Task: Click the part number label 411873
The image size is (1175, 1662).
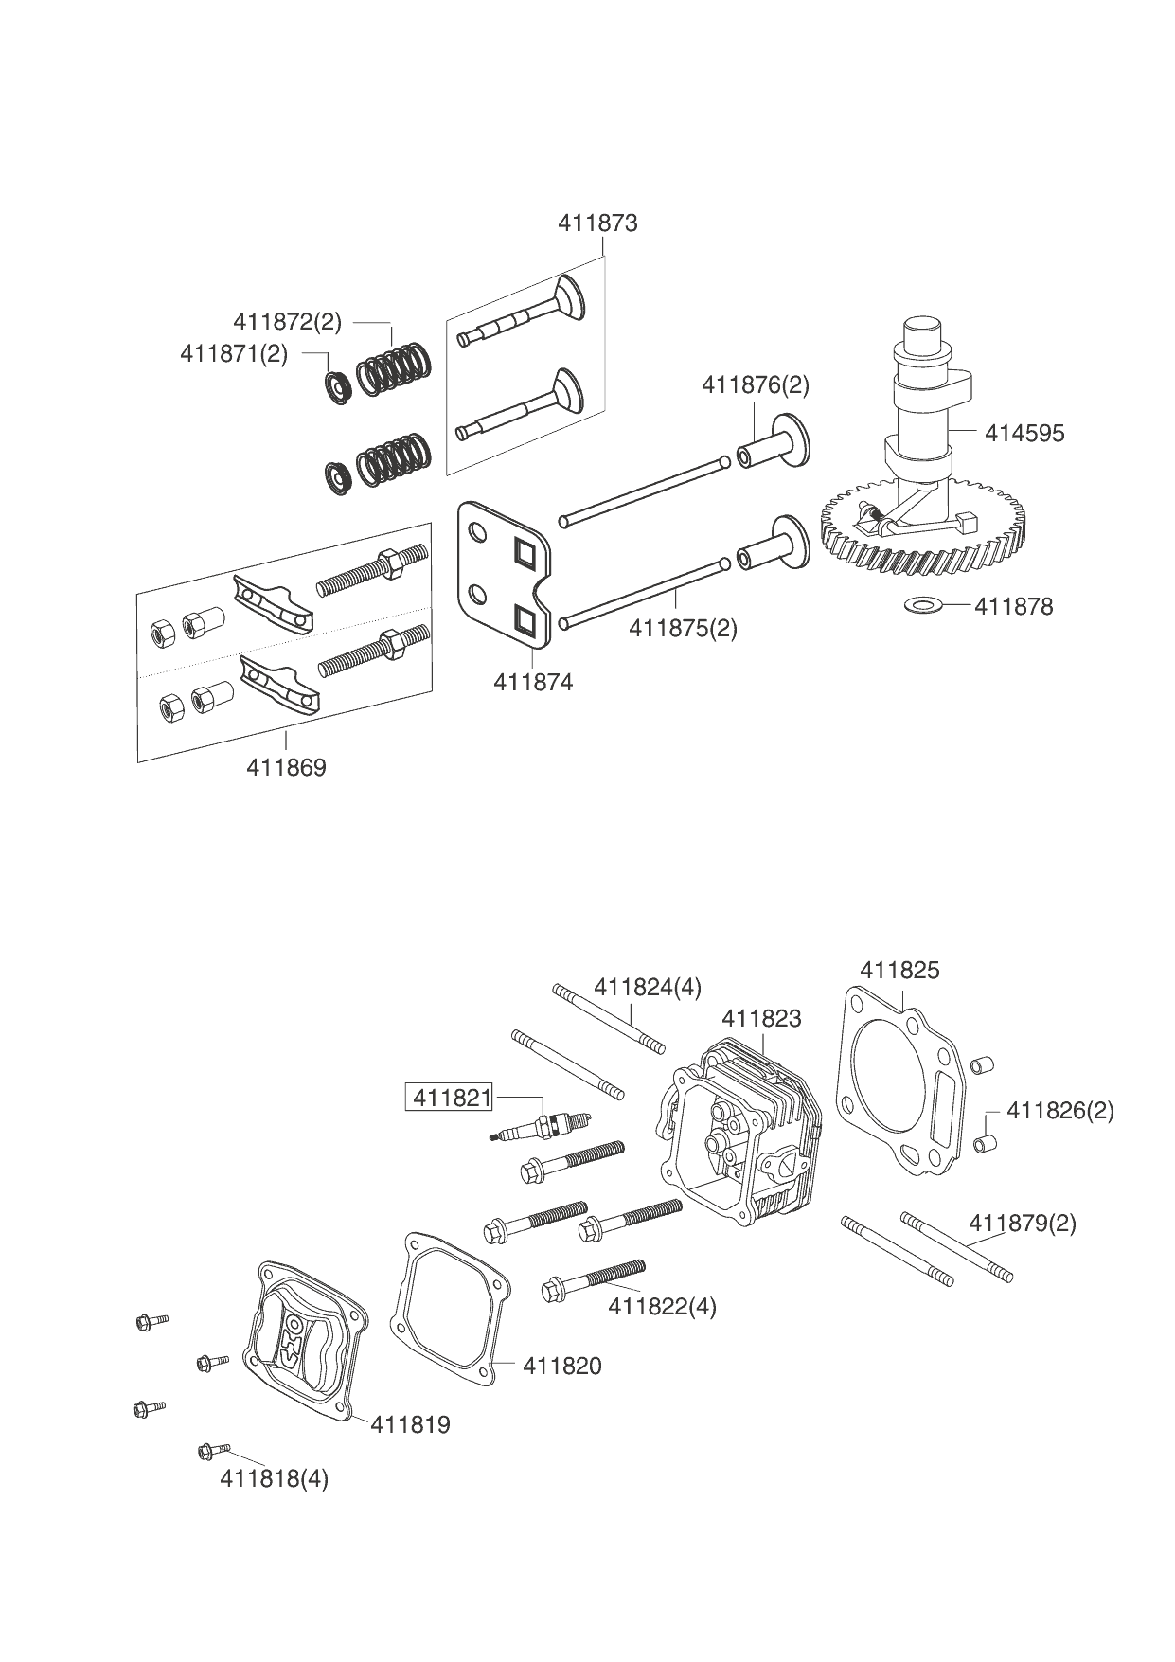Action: click(x=597, y=223)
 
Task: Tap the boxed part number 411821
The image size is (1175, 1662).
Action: click(x=450, y=1098)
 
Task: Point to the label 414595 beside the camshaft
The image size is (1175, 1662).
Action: click(x=1024, y=434)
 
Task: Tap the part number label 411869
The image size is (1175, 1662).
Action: click(x=286, y=768)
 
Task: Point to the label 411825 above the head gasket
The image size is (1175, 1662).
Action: click(x=899, y=971)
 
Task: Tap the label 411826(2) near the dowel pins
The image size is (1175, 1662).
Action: click(x=1060, y=1110)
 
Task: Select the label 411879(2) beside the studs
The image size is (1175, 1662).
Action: click(x=1023, y=1224)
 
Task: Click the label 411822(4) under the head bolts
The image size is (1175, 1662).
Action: click(x=663, y=1307)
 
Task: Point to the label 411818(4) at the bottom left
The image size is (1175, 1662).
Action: click(x=275, y=1479)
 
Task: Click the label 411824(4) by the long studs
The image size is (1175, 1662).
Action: click(x=648, y=988)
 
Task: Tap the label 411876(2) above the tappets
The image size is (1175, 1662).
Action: click(x=756, y=385)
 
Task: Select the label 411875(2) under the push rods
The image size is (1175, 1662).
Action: click(x=683, y=628)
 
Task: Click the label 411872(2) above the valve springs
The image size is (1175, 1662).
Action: click(x=288, y=322)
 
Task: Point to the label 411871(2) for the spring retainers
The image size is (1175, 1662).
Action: click(x=234, y=354)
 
